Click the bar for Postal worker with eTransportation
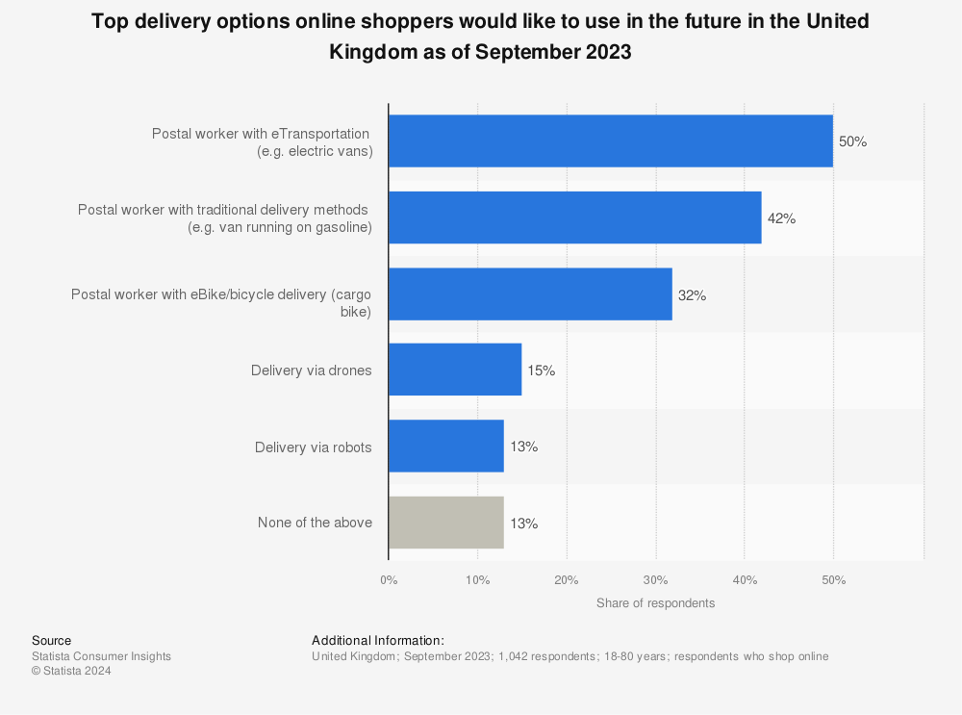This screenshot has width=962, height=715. coord(611,141)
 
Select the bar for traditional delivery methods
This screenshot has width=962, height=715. coord(575,217)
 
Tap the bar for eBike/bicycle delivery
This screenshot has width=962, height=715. coord(530,294)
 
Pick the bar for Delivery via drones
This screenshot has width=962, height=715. coord(455,370)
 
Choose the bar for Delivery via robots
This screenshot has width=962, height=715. coord(446,447)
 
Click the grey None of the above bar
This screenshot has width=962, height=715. coord(446,523)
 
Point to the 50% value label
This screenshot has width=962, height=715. coord(852,141)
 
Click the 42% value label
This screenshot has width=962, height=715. coord(781,218)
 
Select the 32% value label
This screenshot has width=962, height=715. coord(692,294)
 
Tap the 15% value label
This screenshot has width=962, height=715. coord(541,370)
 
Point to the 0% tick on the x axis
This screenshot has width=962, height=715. coord(389,580)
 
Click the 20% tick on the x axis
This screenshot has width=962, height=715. coord(567,580)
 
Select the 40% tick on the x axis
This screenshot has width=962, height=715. coord(745,580)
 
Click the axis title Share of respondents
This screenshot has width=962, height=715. coord(655,603)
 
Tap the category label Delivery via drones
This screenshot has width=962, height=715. coord(311,370)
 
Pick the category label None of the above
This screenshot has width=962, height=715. coord(315,523)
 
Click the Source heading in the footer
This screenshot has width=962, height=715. coord(51,641)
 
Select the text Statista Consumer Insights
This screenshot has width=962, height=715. coord(101,656)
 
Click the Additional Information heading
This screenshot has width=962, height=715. coord(378,641)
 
